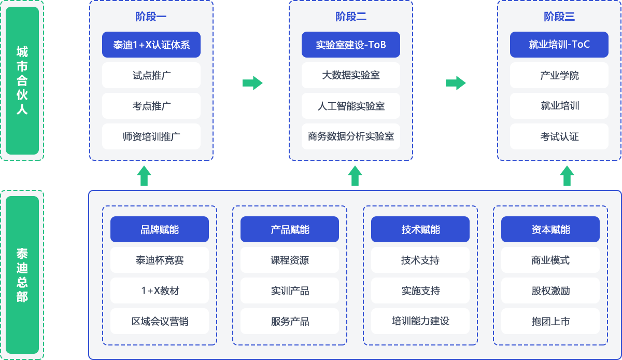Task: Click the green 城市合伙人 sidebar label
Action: [22, 80]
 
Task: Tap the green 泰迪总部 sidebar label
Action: [22, 275]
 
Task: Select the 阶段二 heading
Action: [351, 17]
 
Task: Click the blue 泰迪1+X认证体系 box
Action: [151, 45]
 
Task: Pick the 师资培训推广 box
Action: [151, 137]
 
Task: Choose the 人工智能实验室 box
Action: [351, 106]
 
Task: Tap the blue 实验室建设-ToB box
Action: [351, 45]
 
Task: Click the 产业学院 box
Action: [559, 76]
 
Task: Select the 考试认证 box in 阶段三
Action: [559, 137]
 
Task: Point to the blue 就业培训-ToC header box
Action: [559, 45]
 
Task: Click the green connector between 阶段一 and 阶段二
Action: [252, 83]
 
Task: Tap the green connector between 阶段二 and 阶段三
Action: [456, 83]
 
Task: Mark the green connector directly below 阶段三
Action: [567, 175]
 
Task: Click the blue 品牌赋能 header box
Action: [160, 229]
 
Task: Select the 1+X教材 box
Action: [160, 290]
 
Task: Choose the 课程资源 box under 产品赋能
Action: [290, 260]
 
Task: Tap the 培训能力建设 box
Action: [420, 321]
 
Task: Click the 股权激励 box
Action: [550, 290]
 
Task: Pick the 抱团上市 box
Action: [550, 321]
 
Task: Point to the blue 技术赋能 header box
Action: [420, 229]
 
